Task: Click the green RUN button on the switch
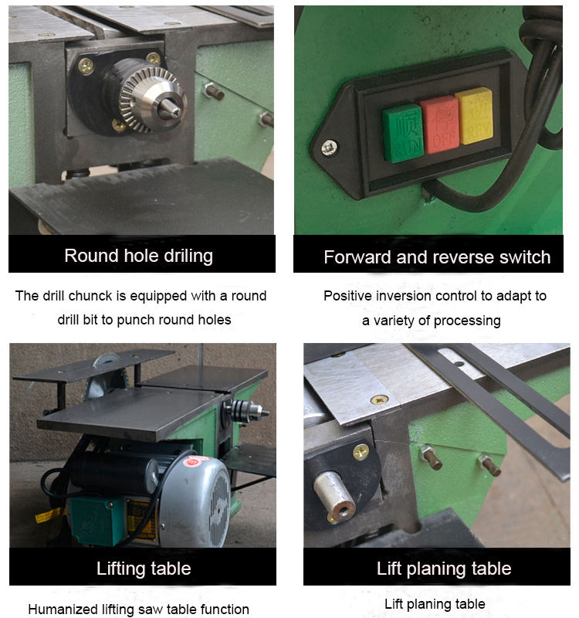tap(402, 133)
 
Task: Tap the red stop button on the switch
tap(439, 124)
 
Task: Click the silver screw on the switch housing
tap(329, 148)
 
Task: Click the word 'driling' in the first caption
tap(188, 256)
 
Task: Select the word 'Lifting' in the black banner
tap(121, 569)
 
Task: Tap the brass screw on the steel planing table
tap(380, 400)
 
